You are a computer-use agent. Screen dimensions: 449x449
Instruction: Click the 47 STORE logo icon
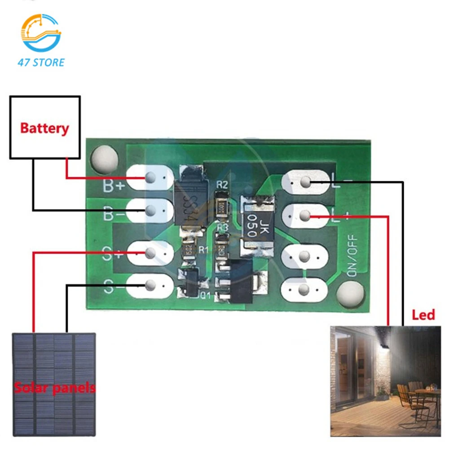(41, 34)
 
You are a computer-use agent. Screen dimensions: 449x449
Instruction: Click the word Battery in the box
(44, 128)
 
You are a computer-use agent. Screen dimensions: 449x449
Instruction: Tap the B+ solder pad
(150, 178)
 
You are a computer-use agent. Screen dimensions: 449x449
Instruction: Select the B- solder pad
(150, 210)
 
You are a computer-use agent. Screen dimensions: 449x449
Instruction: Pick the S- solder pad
(150, 284)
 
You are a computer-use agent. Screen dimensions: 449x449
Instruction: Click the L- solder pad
(305, 182)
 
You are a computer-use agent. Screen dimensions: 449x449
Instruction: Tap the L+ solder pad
(305, 217)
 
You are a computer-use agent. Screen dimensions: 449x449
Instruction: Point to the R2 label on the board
(222, 184)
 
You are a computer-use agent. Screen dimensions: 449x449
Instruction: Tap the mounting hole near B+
(104, 158)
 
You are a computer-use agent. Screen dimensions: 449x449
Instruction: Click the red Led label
(423, 314)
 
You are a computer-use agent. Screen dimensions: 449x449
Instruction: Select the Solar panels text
(54, 387)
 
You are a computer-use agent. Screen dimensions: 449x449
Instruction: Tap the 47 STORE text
(41, 62)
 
